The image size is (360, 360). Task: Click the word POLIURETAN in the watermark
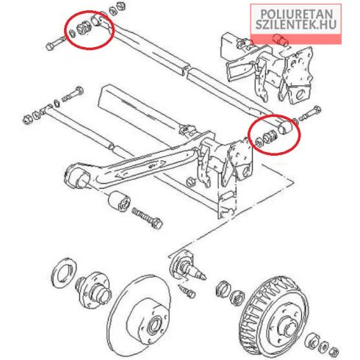297,14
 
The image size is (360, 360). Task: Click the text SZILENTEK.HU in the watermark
296,25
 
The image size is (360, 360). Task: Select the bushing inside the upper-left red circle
84,28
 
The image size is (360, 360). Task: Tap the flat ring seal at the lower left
64,272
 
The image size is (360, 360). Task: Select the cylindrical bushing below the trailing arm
119,201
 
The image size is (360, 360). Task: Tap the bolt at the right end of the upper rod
309,113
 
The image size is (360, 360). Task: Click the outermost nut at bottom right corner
334,350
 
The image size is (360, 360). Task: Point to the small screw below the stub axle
187,290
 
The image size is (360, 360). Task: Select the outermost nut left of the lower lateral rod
27,119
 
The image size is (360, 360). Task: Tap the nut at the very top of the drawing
120,5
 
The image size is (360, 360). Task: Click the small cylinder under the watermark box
281,40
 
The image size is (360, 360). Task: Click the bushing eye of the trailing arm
76,176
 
